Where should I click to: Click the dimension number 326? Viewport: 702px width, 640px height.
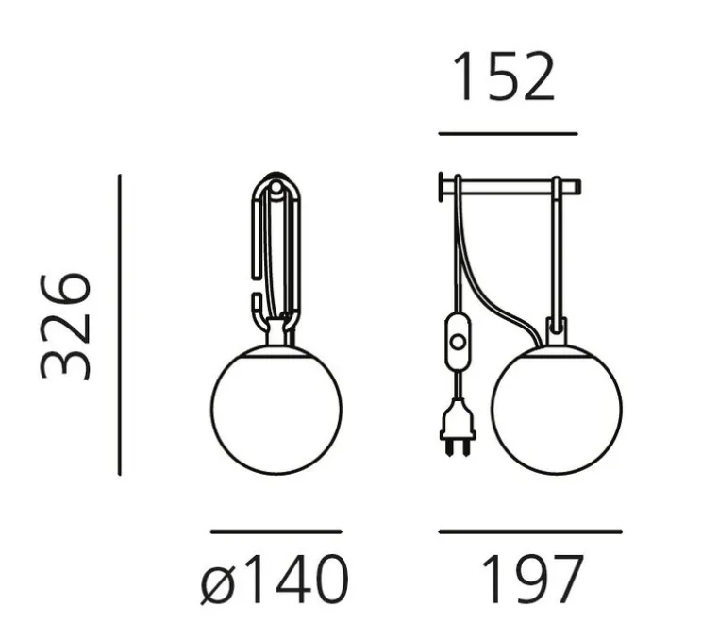pyautogui.click(x=66, y=326)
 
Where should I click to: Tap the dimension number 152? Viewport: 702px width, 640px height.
pyautogui.click(x=504, y=76)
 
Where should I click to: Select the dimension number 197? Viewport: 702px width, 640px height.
pyautogui.click(x=532, y=579)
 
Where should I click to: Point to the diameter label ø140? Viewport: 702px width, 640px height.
pyautogui.click(x=274, y=580)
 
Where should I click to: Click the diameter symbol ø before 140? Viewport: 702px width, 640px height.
pyautogui.click(x=218, y=585)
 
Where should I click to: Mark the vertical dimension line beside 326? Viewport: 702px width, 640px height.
pyautogui.click(x=120, y=325)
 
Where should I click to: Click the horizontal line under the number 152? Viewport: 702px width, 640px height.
pyautogui.click(x=508, y=133)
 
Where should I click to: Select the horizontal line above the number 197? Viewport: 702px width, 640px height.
pyautogui.click(x=530, y=531)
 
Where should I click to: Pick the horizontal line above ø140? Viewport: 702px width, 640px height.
pyautogui.click(x=276, y=531)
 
